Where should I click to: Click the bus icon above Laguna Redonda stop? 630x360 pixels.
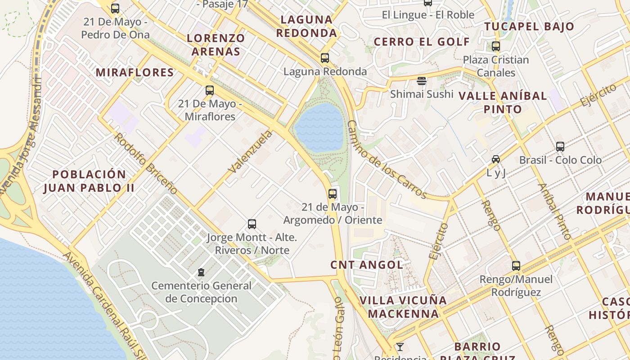(324, 58)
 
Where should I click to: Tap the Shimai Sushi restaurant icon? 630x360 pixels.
(422, 81)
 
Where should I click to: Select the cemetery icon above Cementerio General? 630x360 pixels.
(201, 272)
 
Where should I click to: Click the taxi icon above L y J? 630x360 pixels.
(496, 159)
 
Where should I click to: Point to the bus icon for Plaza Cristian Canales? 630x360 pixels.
(496, 46)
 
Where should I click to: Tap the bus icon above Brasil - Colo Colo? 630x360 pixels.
(560, 147)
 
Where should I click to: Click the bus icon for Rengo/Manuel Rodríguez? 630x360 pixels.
(516, 266)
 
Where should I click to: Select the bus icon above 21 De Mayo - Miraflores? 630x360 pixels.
(210, 90)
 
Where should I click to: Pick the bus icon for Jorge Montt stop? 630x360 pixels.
(252, 224)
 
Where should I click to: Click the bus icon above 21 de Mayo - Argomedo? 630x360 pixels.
(333, 194)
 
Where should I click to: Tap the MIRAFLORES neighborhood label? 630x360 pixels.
(135, 72)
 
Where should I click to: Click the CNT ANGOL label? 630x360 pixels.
(367, 265)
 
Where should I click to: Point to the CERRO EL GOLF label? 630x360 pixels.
(422, 42)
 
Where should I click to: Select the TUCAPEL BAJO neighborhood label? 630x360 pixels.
(529, 26)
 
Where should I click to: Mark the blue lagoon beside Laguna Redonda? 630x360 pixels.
(320, 128)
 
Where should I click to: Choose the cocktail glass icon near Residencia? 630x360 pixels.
(400, 347)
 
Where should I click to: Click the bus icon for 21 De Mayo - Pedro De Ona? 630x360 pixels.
(115, 9)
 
